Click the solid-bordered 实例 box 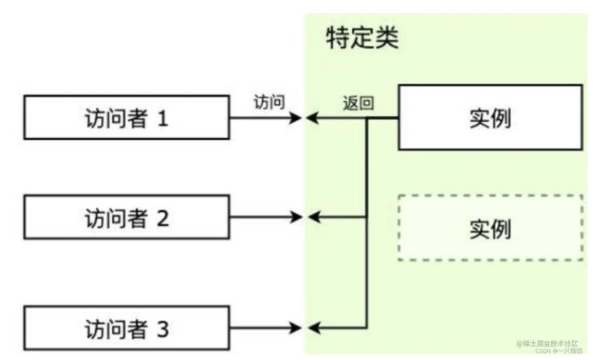489,118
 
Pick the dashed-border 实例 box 489,227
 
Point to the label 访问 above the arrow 268,102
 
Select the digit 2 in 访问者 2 163,217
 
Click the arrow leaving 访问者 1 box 264,118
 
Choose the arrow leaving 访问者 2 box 264,217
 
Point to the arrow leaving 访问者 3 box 264,327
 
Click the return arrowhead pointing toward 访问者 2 314,217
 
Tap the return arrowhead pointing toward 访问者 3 314,327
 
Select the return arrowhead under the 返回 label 314,118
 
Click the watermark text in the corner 551,346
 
